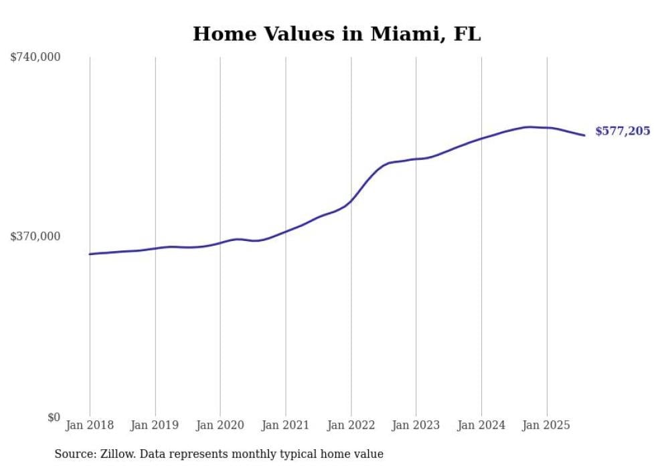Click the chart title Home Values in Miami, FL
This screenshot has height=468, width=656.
337,34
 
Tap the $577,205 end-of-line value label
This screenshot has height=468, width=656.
622,131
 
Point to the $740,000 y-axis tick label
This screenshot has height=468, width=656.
35,58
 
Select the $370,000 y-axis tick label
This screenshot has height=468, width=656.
35,236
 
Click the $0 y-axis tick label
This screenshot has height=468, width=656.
54,417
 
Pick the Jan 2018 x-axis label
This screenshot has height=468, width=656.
90,425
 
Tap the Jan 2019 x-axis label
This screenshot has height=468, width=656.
155,425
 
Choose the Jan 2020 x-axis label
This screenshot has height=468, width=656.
220,425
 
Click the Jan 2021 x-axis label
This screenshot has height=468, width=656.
286,425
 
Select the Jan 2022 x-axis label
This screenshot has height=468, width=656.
351,425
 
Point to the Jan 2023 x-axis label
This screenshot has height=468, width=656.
416,425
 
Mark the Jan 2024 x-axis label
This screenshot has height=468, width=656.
481,425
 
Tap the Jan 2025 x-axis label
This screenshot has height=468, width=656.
547,425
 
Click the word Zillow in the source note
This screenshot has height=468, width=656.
113,454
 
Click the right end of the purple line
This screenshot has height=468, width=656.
585,135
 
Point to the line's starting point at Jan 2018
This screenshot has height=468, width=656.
90,254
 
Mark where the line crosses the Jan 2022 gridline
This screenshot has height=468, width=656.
351,200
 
